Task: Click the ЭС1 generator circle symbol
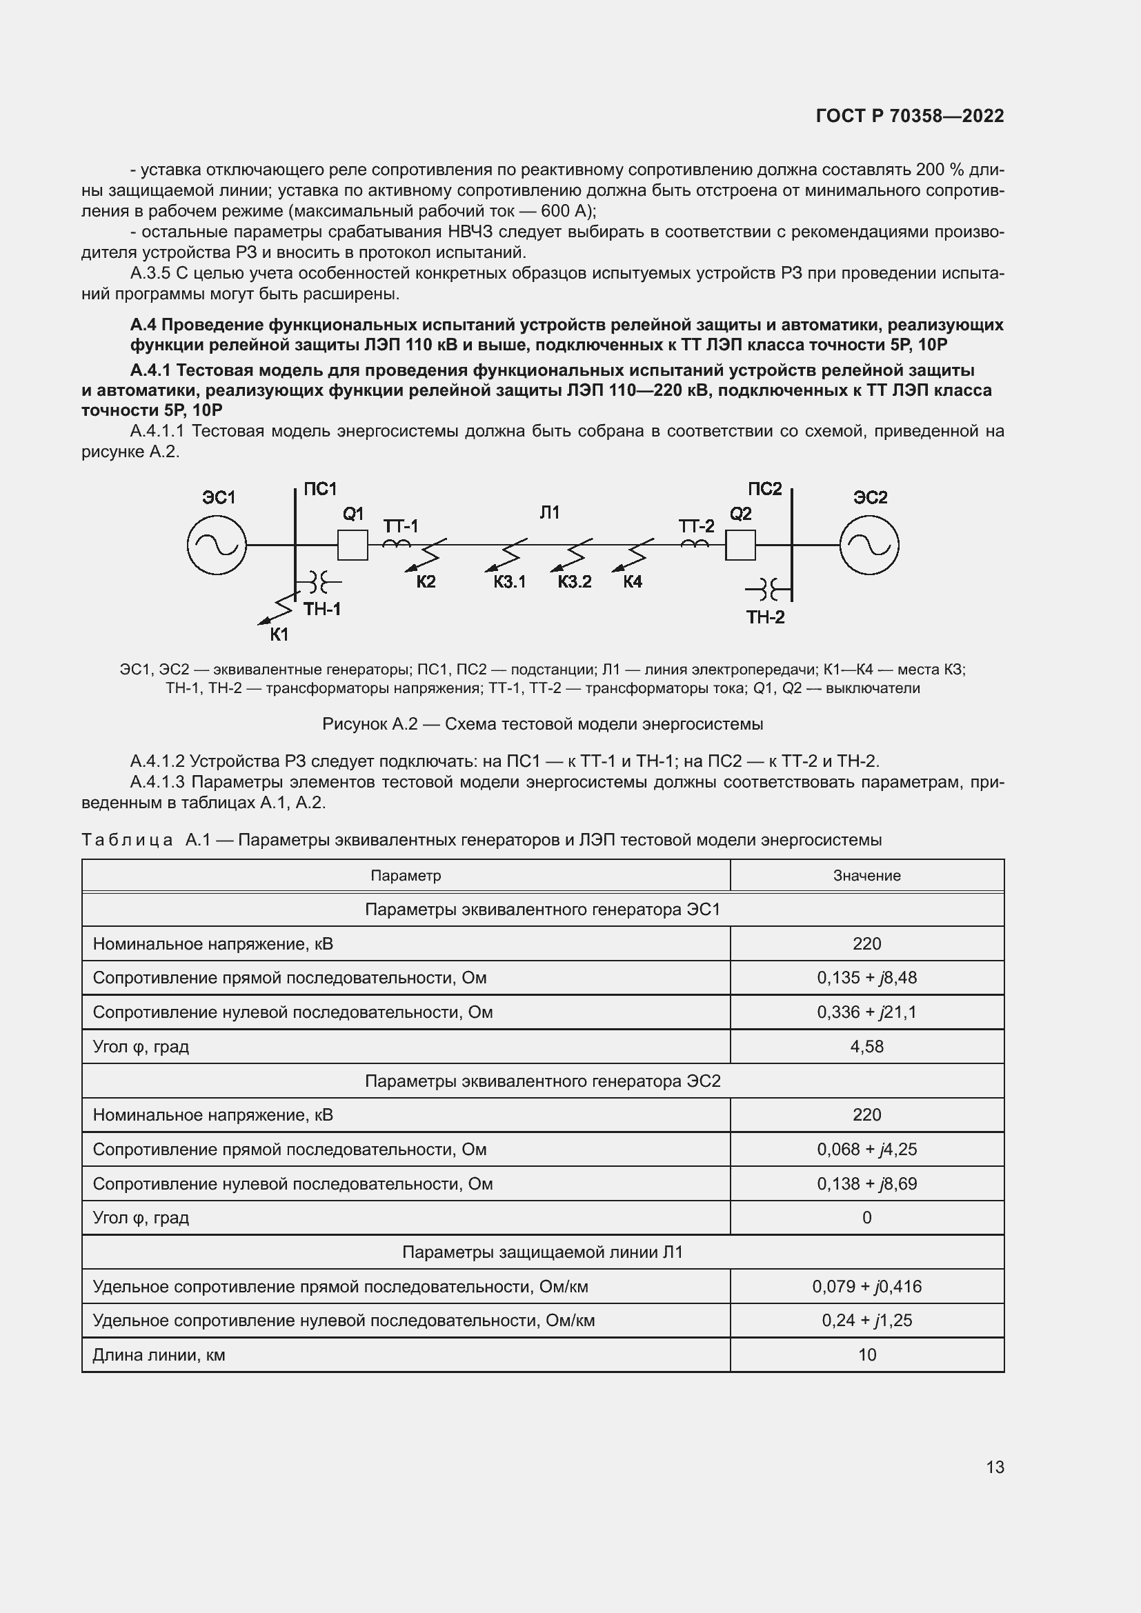pyautogui.click(x=217, y=545)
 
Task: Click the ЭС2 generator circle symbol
pyautogui.click(x=869, y=545)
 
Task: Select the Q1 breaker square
pyautogui.click(x=353, y=545)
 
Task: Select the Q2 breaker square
pyautogui.click(x=740, y=545)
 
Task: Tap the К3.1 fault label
pyautogui.click(x=509, y=582)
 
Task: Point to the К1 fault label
pyautogui.click(x=279, y=634)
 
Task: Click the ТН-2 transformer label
pyautogui.click(x=765, y=617)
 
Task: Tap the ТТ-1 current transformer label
pyautogui.click(x=401, y=526)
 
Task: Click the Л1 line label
pyautogui.click(x=549, y=513)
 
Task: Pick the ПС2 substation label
pyautogui.click(x=764, y=489)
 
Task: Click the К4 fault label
pyautogui.click(x=633, y=582)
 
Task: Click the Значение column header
pyautogui.click(x=866, y=875)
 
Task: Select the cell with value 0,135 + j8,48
pyautogui.click(x=866, y=978)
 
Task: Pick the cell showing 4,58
pyautogui.click(x=866, y=1046)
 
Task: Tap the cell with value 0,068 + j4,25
pyautogui.click(x=866, y=1150)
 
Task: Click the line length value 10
pyautogui.click(x=866, y=1354)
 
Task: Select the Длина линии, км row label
pyautogui.click(x=159, y=1354)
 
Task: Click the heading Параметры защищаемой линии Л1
pyautogui.click(x=542, y=1252)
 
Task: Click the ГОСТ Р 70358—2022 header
pyautogui.click(x=910, y=116)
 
